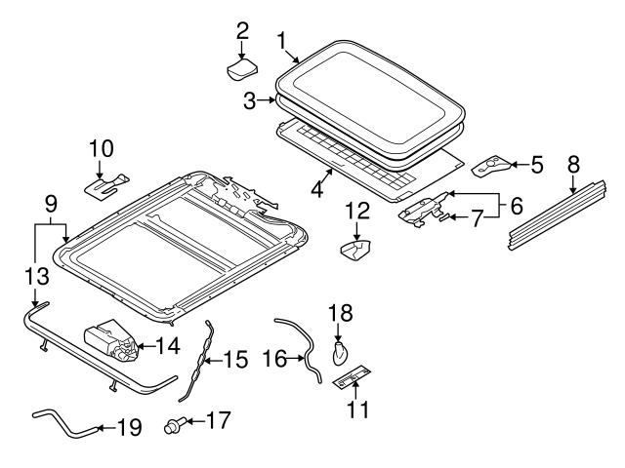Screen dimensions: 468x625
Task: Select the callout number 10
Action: click(x=102, y=149)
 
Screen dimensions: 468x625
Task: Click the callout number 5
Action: click(x=536, y=165)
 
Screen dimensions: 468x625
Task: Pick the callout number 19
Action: click(x=129, y=426)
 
